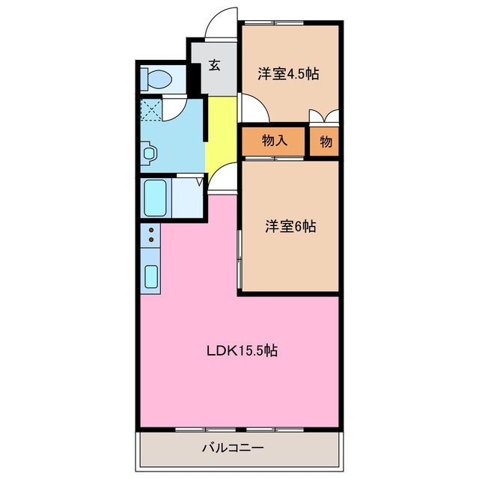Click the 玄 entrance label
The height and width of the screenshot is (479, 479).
pos(214,66)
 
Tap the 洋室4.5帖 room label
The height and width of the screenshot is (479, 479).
pos(289,73)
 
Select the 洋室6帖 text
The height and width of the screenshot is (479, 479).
pos(290,226)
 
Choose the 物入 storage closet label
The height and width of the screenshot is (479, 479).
pos(274,141)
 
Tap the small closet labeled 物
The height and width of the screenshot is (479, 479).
pos(326,141)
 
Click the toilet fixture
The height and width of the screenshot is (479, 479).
pos(158,78)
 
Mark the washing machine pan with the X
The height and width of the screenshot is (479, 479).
pos(150,110)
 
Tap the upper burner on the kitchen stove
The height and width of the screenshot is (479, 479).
pos(150,230)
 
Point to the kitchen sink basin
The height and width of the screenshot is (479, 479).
pos(150,276)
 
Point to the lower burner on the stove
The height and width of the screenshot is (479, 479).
pos(150,239)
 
